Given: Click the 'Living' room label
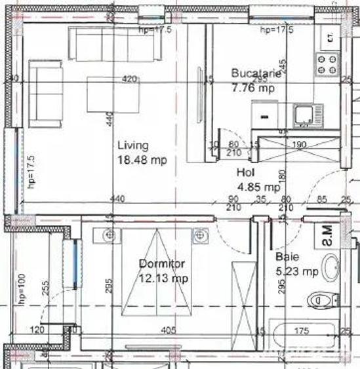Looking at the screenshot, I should tap(132, 146).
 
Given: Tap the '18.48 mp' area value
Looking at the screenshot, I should tap(142, 160).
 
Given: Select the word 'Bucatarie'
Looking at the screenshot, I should tap(256, 74).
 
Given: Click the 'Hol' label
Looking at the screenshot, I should tap(245, 173).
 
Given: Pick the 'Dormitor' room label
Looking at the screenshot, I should tap(162, 263).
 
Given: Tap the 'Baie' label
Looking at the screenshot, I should tap(287, 257).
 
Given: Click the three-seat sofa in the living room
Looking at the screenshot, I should tap(115, 45).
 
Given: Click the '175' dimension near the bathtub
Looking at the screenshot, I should tap(302, 330).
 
